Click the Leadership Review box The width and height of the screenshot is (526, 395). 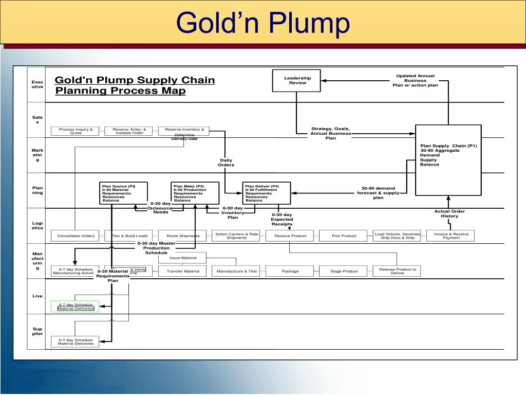(296, 81)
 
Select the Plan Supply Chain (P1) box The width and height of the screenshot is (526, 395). (448, 160)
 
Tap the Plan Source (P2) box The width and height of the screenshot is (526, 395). (124, 193)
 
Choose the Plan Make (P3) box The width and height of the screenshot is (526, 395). (195, 193)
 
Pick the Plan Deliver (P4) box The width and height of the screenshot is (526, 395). (267, 193)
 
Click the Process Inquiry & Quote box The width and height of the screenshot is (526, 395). (76, 131)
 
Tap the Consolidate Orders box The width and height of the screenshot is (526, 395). (76, 236)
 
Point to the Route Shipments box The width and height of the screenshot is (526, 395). (182, 236)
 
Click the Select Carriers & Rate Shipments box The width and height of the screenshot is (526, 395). (236, 236)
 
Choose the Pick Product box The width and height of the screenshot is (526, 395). (344, 236)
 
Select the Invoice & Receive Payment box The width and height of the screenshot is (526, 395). (451, 236)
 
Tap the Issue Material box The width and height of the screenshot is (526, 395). (182, 258)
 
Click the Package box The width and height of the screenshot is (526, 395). (290, 271)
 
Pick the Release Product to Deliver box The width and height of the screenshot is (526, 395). (397, 271)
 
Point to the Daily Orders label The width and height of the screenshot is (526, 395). (226, 163)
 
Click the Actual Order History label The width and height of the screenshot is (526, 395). (449, 213)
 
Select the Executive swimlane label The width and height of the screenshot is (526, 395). (37, 84)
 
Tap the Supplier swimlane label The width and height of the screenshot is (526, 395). (37, 331)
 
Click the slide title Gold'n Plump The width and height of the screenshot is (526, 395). (263, 23)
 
